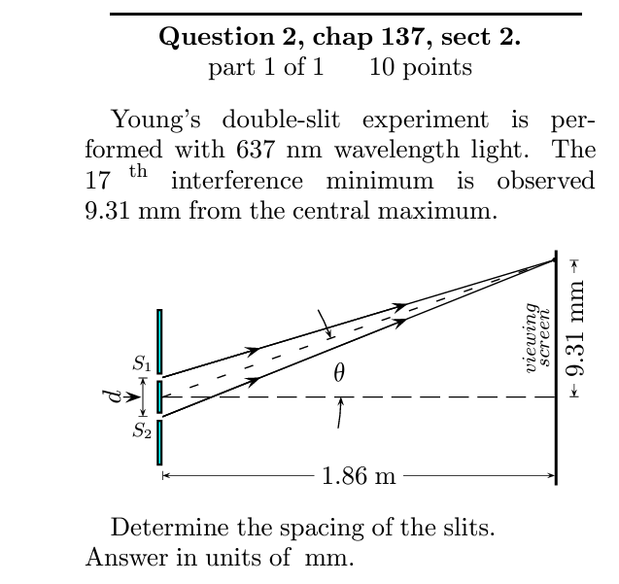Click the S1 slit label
(142, 364)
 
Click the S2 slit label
(142, 429)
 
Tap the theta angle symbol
(338, 373)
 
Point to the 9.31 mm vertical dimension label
(577, 327)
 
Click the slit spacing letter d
(116, 396)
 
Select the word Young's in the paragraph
(158, 120)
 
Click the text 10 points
(421, 67)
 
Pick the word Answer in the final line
(119, 559)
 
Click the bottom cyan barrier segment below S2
(159, 442)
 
